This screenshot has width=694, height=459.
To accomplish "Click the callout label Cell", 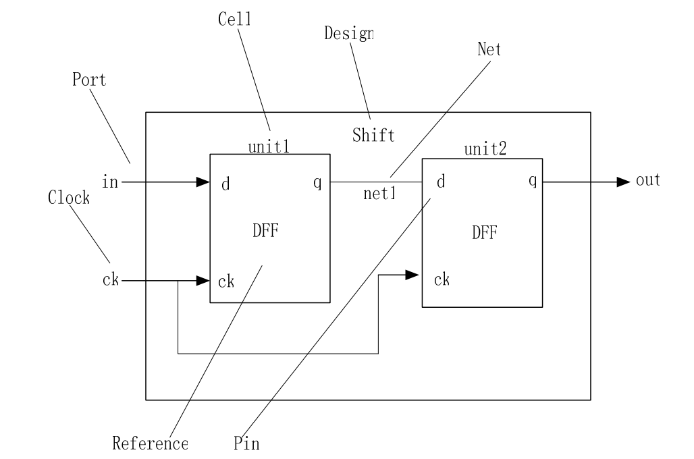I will tap(234, 19).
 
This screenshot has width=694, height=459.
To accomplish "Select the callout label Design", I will tap(348, 33).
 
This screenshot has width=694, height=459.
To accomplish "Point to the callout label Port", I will tap(89, 79).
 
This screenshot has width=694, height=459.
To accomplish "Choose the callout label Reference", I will tap(150, 443).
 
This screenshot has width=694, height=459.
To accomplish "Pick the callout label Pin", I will tap(246, 443).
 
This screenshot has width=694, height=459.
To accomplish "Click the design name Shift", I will tap(373, 135).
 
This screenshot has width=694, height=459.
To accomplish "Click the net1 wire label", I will tap(379, 194).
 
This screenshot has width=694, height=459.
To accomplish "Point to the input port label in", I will tap(109, 182).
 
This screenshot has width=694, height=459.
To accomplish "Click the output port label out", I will tap(647, 181).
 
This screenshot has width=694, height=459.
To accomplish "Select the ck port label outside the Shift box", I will tap(110, 280).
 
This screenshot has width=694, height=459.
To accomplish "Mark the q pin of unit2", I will tap(533, 181).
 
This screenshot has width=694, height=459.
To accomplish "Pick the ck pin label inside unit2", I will tap(442, 279).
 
